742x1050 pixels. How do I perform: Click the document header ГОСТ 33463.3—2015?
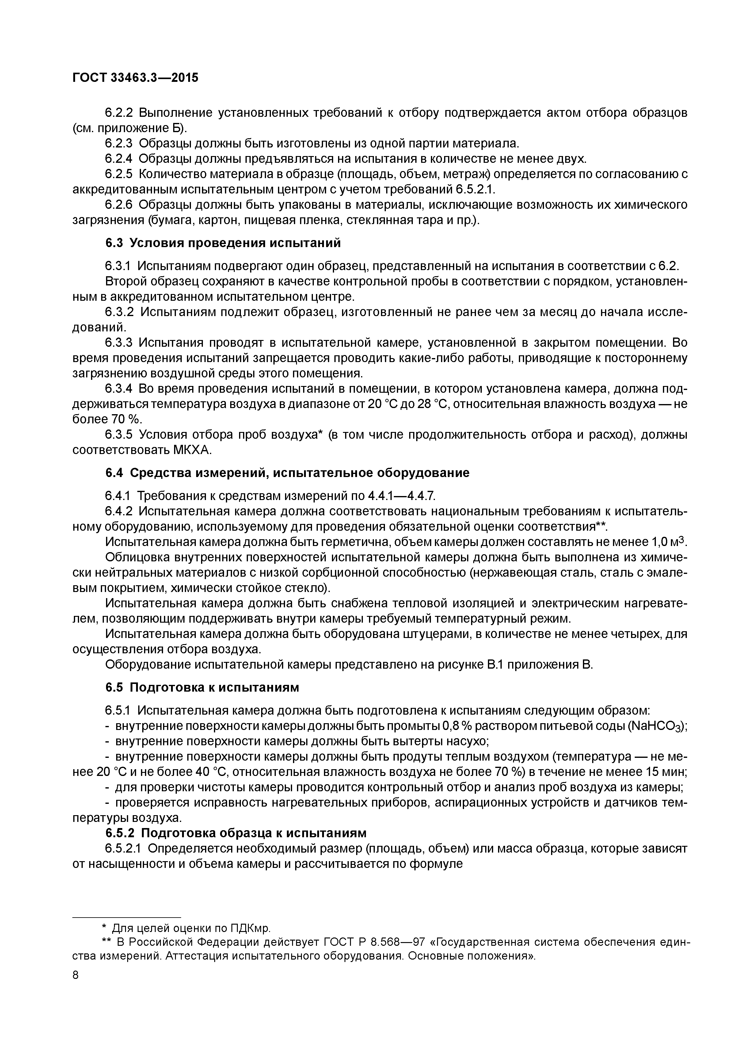135,78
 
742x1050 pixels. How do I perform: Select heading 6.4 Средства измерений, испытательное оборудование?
287,473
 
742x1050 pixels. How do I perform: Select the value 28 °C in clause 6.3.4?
432,404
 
